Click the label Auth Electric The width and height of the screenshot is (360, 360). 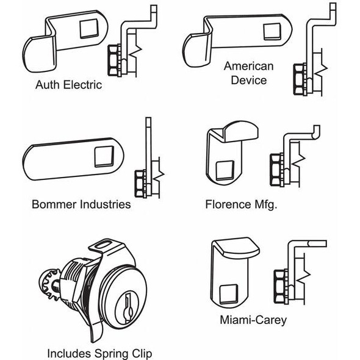[68, 84]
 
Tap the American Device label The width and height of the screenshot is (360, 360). [248, 73]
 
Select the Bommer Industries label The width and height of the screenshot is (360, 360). [81, 204]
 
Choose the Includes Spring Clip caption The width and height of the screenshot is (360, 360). [99, 353]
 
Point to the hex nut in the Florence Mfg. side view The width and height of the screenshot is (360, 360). [275, 169]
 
